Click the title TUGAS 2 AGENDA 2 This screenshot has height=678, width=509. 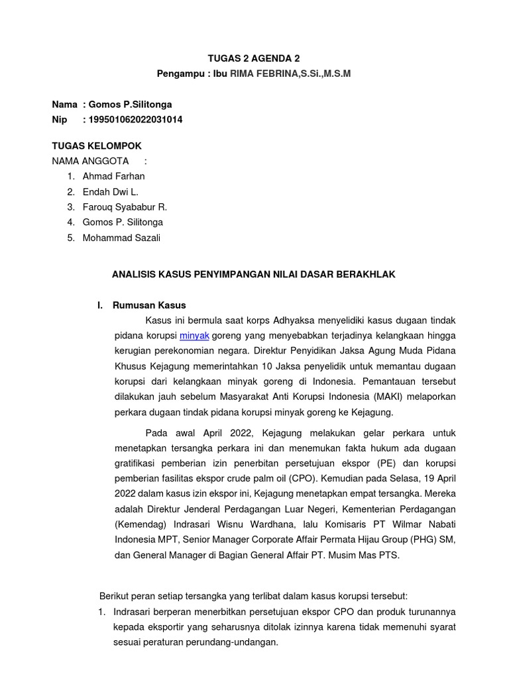coord(254,58)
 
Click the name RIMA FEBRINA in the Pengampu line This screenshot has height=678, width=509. coord(260,73)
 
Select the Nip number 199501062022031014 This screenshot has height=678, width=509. coord(133,120)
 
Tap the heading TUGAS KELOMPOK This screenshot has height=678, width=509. coord(97,146)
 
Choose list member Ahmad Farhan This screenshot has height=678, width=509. coord(113,176)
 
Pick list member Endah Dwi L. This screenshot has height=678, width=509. coord(110,192)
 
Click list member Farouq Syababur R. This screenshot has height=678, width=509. coord(125,207)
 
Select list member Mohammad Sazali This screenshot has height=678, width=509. coord(121,238)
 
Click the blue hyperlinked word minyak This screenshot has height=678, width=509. coord(194,336)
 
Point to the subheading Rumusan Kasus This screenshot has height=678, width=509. coord(150,305)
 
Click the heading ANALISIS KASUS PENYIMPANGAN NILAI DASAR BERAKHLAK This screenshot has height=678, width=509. coord(254,274)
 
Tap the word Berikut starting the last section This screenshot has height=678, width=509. coord(114,596)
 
